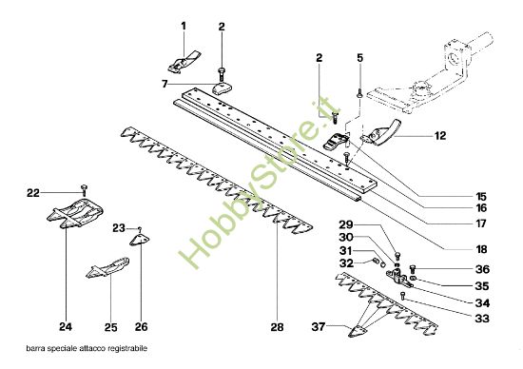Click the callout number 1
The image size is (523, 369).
[x=184, y=23]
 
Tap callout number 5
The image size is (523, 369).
[x=360, y=59]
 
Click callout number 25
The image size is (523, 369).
[x=109, y=327]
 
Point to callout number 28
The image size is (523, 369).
[x=278, y=327]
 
